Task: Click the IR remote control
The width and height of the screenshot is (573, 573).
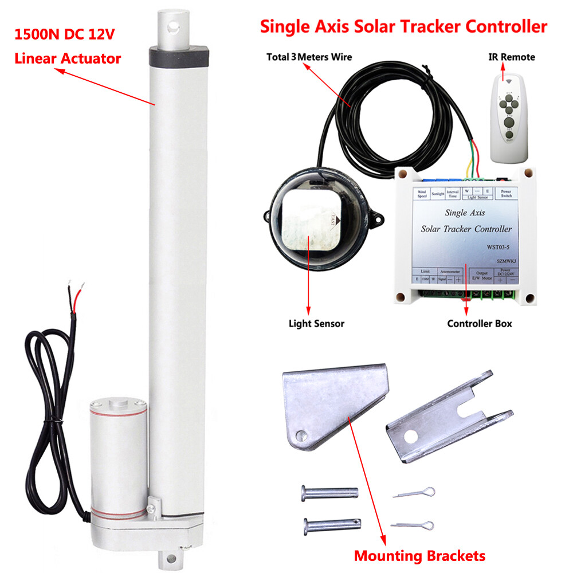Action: coord(508,108)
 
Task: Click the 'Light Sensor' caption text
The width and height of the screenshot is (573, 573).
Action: coord(316,324)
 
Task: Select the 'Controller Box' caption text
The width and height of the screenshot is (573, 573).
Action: coord(480,324)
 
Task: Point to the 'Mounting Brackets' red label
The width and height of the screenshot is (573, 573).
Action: coord(419,555)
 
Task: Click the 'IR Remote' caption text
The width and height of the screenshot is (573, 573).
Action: coord(511,57)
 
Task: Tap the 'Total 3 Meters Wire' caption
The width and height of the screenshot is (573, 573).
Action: coord(309,57)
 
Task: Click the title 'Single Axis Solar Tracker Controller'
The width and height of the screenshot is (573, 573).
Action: coord(403,27)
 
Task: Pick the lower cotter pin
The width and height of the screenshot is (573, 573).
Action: coord(412,524)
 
